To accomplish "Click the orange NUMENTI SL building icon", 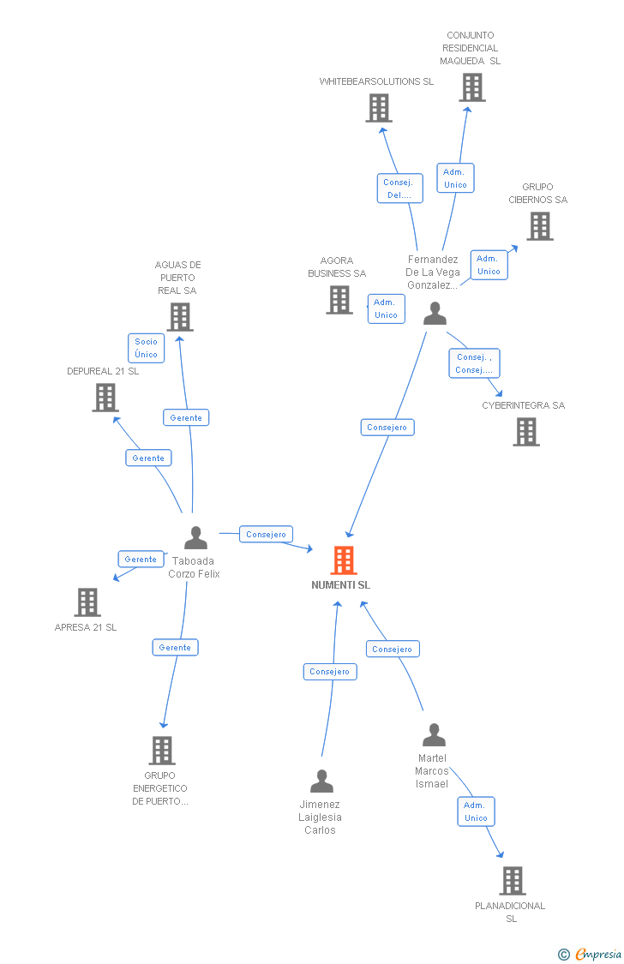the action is (x=344, y=560).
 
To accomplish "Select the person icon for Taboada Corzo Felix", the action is (x=195, y=538).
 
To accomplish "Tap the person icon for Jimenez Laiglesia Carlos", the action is (x=321, y=781).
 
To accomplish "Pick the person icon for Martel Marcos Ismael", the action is (x=434, y=735).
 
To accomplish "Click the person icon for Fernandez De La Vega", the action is (x=435, y=314).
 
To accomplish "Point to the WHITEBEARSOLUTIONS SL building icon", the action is (x=379, y=108).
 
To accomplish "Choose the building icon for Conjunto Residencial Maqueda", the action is (x=471, y=87).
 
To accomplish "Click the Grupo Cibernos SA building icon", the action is (x=539, y=226).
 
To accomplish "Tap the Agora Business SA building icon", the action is (x=339, y=300).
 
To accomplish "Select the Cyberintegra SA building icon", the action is (x=526, y=432).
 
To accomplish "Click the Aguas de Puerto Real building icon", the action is (x=179, y=317).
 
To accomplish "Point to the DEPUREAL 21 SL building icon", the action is (x=105, y=398).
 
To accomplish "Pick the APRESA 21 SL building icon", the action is (x=87, y=602).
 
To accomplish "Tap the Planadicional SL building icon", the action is (x=512, y=881).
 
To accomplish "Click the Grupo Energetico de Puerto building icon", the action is (x=161, y=751).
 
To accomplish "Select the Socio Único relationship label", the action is (x=146, y=348).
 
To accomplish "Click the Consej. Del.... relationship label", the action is (x=399, y=189).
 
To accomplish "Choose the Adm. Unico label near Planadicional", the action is (x=476, y=811).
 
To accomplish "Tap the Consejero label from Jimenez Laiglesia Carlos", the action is (x=329, y=672).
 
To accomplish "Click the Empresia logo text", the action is (x=597, y=954).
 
